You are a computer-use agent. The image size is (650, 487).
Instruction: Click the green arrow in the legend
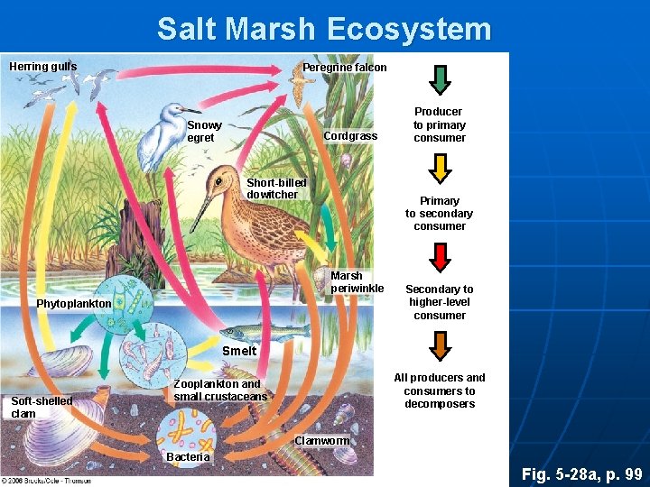tap(440, 79)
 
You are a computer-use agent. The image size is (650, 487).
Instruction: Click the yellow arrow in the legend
tap(440, 169)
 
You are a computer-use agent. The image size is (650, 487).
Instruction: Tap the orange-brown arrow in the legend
tap(440, 345)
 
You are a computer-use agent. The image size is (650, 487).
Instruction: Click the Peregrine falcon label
tap(344, 68)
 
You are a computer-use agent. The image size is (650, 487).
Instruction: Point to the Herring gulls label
tap(42, 66)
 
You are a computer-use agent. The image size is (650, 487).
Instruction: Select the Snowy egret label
tap(204, 131)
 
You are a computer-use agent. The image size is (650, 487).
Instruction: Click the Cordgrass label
tap(350, 136)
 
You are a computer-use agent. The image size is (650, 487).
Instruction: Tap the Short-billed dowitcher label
tap(276, 188)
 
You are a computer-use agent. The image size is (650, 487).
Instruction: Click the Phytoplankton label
tap(73, 304)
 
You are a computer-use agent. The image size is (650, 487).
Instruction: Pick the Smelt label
tap(239, 350)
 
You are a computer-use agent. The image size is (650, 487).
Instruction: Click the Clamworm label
tap(321, 441)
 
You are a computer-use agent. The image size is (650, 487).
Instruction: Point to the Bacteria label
tap(188, 457)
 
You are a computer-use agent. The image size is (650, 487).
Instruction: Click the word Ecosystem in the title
tap(408, 30)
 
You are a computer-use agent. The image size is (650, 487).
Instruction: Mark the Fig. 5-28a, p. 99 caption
tap(582, 473)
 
